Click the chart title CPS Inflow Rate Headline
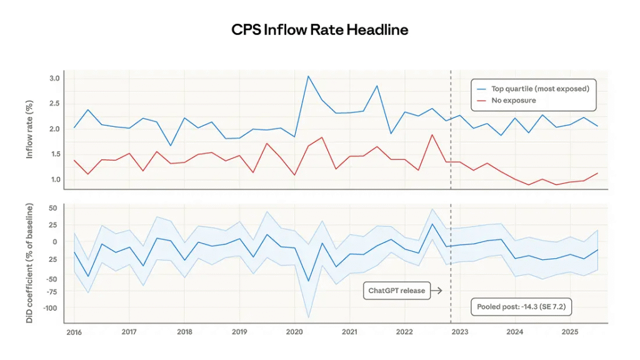319,30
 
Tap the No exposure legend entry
514,100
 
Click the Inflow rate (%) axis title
29,130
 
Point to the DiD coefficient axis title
29,262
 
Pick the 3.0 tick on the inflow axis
54,78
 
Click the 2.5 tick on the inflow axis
54,103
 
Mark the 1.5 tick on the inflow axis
54,154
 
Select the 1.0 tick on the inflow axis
54,179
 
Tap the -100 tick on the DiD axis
51,307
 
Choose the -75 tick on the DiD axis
52,291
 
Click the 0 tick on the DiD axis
55,241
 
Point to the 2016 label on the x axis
74,332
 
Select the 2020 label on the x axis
294,332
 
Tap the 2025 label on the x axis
570,332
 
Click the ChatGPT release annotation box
396,291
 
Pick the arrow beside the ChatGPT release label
437,291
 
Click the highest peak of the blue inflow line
308,76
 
